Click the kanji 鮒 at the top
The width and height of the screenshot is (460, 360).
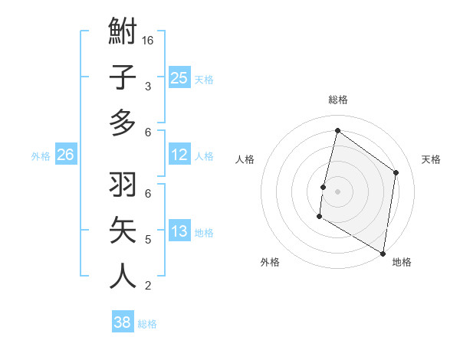pos(123,33)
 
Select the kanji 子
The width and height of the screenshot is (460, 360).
pos(123,78)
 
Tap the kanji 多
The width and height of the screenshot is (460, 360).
pos(123,123)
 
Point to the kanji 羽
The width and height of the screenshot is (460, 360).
pos(123,186)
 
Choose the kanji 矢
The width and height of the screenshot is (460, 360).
pos(123,231)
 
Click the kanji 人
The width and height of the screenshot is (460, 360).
pos(123,277)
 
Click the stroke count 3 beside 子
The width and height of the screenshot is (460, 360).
pos(148,87)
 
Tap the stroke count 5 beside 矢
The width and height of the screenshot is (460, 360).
pos(148,240)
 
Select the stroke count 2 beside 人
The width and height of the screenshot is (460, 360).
pos(148,286)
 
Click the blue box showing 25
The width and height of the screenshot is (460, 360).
pos(179,78)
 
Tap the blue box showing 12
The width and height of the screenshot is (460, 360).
pos(179,155)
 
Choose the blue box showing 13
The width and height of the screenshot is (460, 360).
pos(179,231)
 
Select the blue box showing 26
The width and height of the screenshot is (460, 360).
pos(65,155)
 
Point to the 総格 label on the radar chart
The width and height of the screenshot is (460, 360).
pos(338,100)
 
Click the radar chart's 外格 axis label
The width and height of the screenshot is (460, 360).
pos(269,262)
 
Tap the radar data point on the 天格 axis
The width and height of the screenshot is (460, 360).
pos(396,172)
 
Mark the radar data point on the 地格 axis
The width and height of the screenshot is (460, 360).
pos(383,253)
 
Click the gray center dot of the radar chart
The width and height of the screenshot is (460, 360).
pos(338,191)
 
